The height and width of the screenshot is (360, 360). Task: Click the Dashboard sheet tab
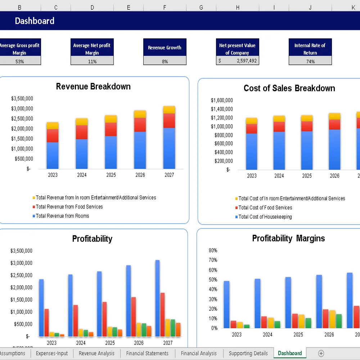click(x=289, y=353)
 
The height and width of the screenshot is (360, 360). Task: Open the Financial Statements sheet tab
click(x=147, y=353)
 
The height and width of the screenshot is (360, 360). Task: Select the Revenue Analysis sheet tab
click(x=96, y=353)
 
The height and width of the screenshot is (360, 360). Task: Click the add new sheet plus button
click(x=321, y=353)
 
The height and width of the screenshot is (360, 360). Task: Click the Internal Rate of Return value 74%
click(x=310, y=61)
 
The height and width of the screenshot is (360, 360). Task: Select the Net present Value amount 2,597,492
click(x=247, y=61)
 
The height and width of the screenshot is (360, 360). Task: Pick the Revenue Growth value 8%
click(x=165, y=61)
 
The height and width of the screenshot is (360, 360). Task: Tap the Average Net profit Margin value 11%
click(x=92, y=61)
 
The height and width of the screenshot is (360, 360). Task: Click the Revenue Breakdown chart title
click(x=93, y=86)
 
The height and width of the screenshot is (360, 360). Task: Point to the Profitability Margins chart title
click(x=288, y=238)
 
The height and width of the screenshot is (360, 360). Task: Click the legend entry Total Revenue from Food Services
click(x=69, y=207)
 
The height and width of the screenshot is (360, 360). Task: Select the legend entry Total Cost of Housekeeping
click(x=265, y=217)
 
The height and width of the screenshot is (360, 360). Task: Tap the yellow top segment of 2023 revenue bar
click(x=53, y=126)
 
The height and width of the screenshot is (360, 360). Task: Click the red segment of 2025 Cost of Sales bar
click(x=307, y=126)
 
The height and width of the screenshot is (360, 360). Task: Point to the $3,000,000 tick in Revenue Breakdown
click(x=22, y=108)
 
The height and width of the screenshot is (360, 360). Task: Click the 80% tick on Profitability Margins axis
click(x=213, y=250)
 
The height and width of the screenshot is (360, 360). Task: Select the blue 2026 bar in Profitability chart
click(x=129, y=300)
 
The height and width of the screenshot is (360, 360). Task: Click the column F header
click(x=165, y=7)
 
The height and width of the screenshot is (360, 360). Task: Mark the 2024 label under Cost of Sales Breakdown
click(x=279, y=176)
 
